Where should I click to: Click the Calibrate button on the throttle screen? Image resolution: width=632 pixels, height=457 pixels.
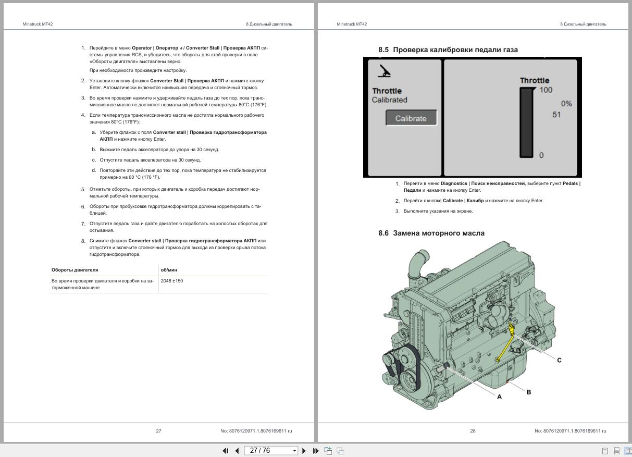[411, 118]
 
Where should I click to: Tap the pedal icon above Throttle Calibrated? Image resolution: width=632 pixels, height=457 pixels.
[384, 71]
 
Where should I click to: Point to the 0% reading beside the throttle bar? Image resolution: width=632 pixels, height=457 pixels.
[566, 104]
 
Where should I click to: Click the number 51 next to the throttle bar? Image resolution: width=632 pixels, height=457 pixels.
[556, 115]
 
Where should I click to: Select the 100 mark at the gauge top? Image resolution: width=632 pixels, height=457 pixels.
[546, 90]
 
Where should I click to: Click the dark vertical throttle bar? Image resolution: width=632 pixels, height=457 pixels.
[526, 122]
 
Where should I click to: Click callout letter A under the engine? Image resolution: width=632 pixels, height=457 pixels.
[499, 397]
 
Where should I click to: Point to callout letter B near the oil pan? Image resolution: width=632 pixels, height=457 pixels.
[528, 392]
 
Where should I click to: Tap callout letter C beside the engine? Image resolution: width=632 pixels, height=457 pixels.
[559, 360]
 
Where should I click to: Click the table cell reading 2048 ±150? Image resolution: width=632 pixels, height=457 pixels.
[172, 281]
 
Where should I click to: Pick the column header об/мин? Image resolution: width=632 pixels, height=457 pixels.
[169, 270]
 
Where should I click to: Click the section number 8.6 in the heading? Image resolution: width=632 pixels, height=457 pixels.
[383, 233]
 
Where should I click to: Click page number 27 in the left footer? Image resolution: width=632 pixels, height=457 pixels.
[158, 431]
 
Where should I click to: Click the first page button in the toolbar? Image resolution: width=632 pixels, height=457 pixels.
[226, 451]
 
